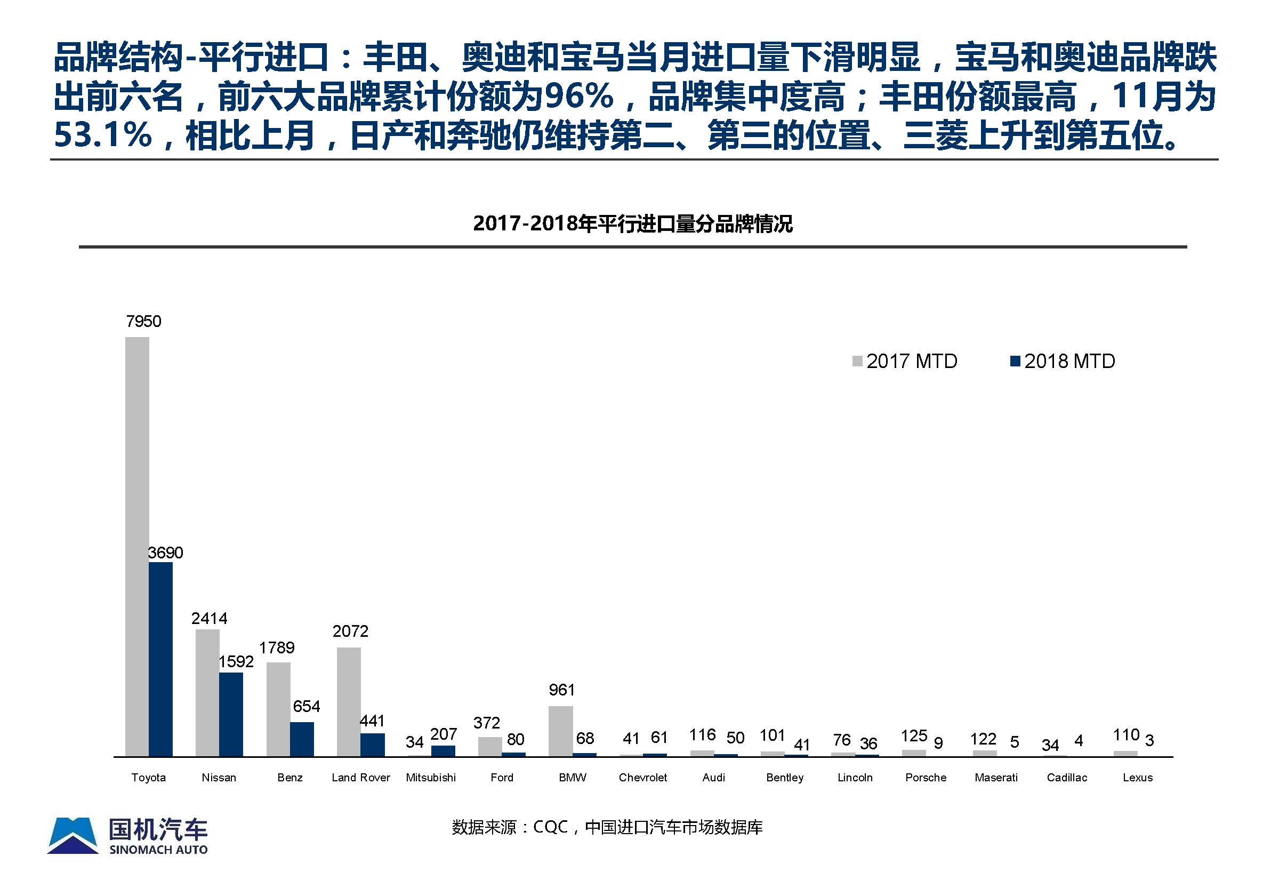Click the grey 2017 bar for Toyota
[136, 546]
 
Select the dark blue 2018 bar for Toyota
[160, 659]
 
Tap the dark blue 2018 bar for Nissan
[231, 714]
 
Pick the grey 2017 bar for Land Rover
[348, 701]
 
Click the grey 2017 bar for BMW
[560, 731]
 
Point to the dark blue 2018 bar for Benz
[302, 739]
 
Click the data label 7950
[143, 322]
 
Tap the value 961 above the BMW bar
[561, 690]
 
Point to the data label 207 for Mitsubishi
[443, 734]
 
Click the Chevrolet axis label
[642, 778]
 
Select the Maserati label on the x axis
[996, 778]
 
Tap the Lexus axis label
[1138, 778]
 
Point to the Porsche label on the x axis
[926, 778]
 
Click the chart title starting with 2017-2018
[633, 224]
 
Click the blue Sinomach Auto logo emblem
[73, 836]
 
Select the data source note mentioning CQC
[607, 827]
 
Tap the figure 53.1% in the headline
[103, 134]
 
